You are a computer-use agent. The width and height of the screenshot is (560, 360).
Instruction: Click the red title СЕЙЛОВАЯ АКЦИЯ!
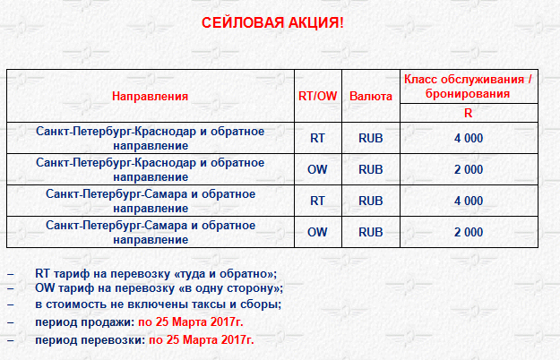coord(272,22)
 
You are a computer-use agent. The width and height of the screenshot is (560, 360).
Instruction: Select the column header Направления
coord(150,96)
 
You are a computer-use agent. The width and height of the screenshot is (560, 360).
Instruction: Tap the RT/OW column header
coord(317,96)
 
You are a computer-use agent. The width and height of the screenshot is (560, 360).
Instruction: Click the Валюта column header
coord(371,96)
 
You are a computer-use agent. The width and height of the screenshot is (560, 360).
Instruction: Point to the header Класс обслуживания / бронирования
coord(469,86)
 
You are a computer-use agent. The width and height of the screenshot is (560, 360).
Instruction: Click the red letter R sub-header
coord(469,113)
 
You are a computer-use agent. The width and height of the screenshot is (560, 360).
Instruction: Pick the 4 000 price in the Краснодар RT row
coord(469,138)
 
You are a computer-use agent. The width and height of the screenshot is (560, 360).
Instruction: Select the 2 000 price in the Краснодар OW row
coord(469,169)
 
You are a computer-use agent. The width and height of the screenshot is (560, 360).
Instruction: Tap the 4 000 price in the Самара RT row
coord(469,201)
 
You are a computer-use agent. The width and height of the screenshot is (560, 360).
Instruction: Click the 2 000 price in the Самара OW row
coord(469,232)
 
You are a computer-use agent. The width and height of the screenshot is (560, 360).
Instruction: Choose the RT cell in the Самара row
coord(317,201)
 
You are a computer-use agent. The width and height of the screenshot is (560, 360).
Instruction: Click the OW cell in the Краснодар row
coord(317,169)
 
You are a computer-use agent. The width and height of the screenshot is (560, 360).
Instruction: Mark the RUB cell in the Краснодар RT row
coord(371,138)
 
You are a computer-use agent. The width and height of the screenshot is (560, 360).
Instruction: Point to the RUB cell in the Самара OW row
coord(371,232)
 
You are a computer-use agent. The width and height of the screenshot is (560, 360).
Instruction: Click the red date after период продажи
coord(191,322)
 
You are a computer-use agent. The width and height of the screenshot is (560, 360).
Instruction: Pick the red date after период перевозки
coord(202,340)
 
